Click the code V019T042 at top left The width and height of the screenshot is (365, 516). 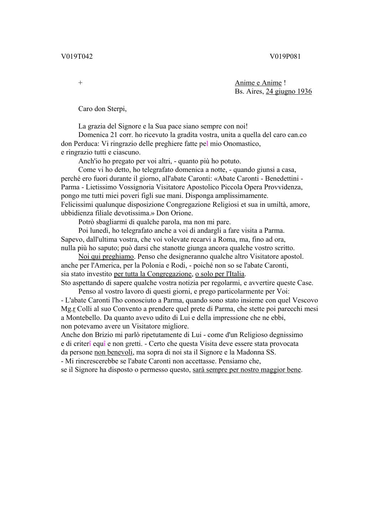(x=77, y=56)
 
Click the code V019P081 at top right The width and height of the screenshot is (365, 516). (x=285, y=56)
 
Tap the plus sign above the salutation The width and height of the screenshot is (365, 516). (x=81, y=83)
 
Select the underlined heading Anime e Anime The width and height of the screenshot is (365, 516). (x=258, y=83)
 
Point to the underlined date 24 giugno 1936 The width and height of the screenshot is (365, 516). (x=289, y=91)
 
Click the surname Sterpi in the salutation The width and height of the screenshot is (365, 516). (x=117, y=109)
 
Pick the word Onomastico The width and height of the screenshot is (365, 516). (x=242, y=144)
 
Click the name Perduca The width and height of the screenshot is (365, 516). (x=85, y=144)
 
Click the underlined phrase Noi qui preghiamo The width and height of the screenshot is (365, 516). (x=106, y=257)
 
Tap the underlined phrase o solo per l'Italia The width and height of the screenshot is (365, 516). (x=220, y=274)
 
